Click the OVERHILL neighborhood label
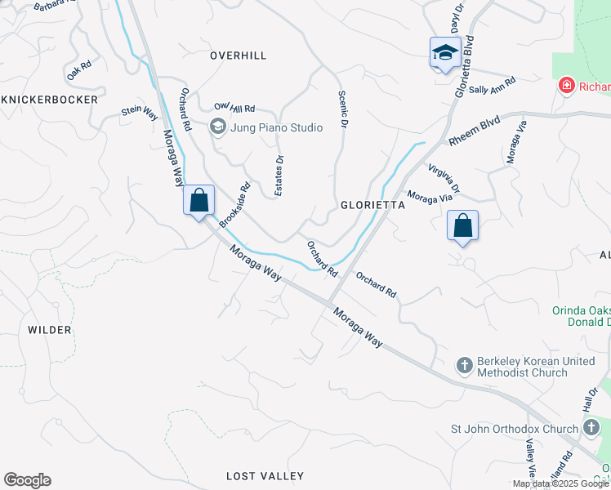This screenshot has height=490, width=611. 238,56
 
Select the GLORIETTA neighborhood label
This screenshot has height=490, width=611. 372,207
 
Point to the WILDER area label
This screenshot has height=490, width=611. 50,330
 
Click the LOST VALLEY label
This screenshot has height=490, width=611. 265,476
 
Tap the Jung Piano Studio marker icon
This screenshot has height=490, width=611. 217,127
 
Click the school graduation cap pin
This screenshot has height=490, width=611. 445,53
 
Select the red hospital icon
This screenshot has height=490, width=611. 565,87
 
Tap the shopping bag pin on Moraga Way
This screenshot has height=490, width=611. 198,200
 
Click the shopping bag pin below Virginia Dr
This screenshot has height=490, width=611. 462,225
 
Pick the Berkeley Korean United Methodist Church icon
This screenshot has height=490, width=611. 465,365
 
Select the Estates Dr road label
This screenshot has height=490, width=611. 279,174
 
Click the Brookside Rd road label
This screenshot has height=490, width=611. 234,204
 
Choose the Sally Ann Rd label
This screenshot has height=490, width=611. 492,86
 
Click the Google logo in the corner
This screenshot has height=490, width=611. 27,480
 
